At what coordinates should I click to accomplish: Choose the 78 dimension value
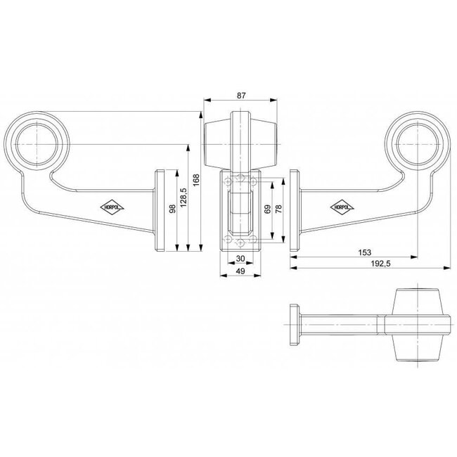[280, 210]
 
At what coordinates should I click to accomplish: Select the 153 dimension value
[363, 252]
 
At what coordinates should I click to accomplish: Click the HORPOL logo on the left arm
[109, 207]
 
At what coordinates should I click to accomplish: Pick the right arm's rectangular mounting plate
[296, 210]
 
